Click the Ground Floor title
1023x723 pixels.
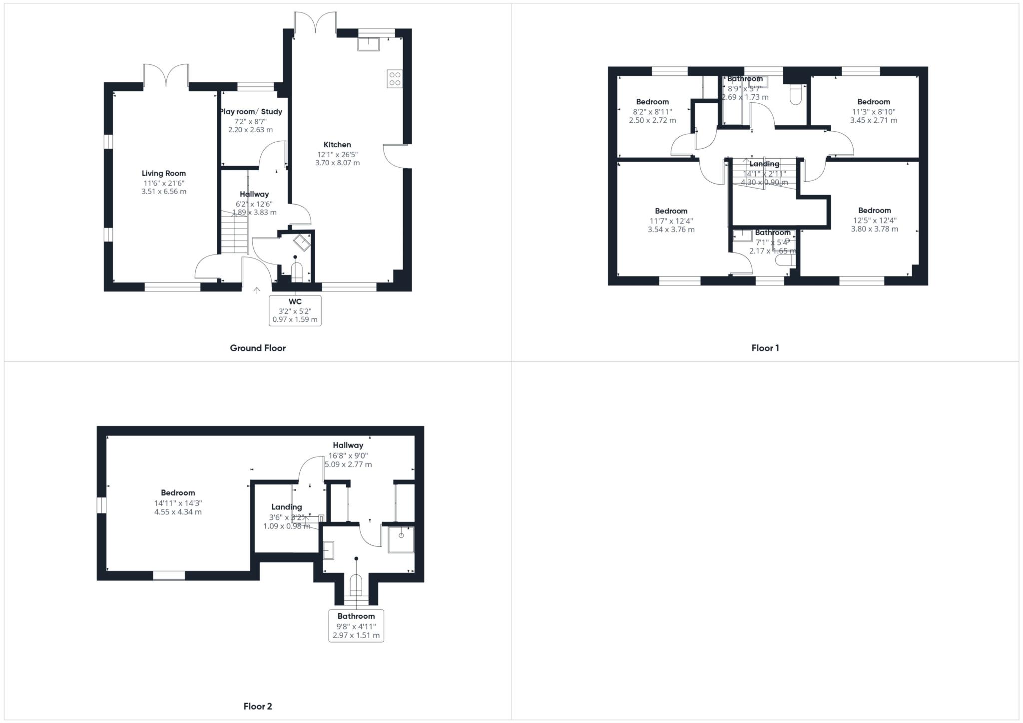pyautogui.click(x=257, y=348)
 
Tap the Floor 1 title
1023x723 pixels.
pyautogui.click(x=765, y=348)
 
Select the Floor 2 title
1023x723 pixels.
pyautogui.click(x=257, y=706)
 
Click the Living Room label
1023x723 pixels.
pyautogui.click(x=163, y=173)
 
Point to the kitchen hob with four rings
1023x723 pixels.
pyautogui.click(x=395, y=79)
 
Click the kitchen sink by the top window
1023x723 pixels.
pyautogui.click(x=368, y=44)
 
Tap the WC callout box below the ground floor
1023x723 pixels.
pyautogui.click(x=295, y=310)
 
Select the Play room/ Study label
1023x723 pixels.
pyautogui.click(x=251, y=111)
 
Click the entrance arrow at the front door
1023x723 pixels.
pyautogui.click(x=257, y=290)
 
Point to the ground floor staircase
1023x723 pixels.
pyautogui.click(x=234, y=233)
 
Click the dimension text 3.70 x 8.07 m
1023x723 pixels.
pyautogui.click(x=337, y=163)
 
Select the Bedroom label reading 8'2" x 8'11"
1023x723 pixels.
pyautogui.click(x=652, y=102)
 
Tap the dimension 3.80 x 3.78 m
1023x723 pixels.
pyautogui.click(x=874, y=229)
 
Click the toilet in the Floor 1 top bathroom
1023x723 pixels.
pyautogui.click(x=796, y=95)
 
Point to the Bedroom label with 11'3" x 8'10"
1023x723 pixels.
pyautogui.click(x=874, y=102)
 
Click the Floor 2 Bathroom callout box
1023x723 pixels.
pyautogui.click(x=356, y=626)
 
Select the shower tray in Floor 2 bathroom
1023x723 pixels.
pyautogui.click(x=401, y=539)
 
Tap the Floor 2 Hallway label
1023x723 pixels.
pyautogui.click(x=348, y=445)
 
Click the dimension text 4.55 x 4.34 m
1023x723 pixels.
pyautogui.click(x=178, y=512)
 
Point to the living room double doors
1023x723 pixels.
pyautogui.click(x=166, y=75)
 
